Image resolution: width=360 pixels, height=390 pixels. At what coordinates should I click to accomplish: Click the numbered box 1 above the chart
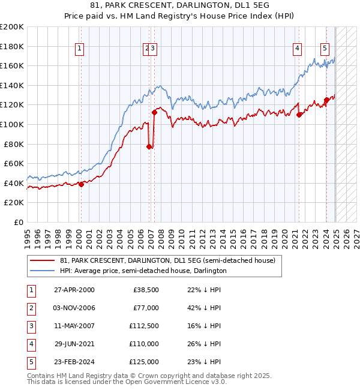pos(80,49)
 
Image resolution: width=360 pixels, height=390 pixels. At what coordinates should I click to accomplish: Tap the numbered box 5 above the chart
pos(325,49)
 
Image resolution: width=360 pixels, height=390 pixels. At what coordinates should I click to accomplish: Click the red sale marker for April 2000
pos(81,185)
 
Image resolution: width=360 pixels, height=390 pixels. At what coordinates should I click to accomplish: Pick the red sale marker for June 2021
pos(299,115)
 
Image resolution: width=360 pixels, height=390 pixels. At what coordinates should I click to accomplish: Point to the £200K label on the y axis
pos(12,27)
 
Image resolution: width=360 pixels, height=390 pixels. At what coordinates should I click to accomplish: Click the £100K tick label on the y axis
pos(12,124)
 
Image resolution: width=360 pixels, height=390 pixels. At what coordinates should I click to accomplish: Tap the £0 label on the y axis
pos(19,222)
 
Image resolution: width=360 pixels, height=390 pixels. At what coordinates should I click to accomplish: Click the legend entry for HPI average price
pos(143,271)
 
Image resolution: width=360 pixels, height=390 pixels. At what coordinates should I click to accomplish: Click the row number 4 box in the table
pos(31,344)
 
